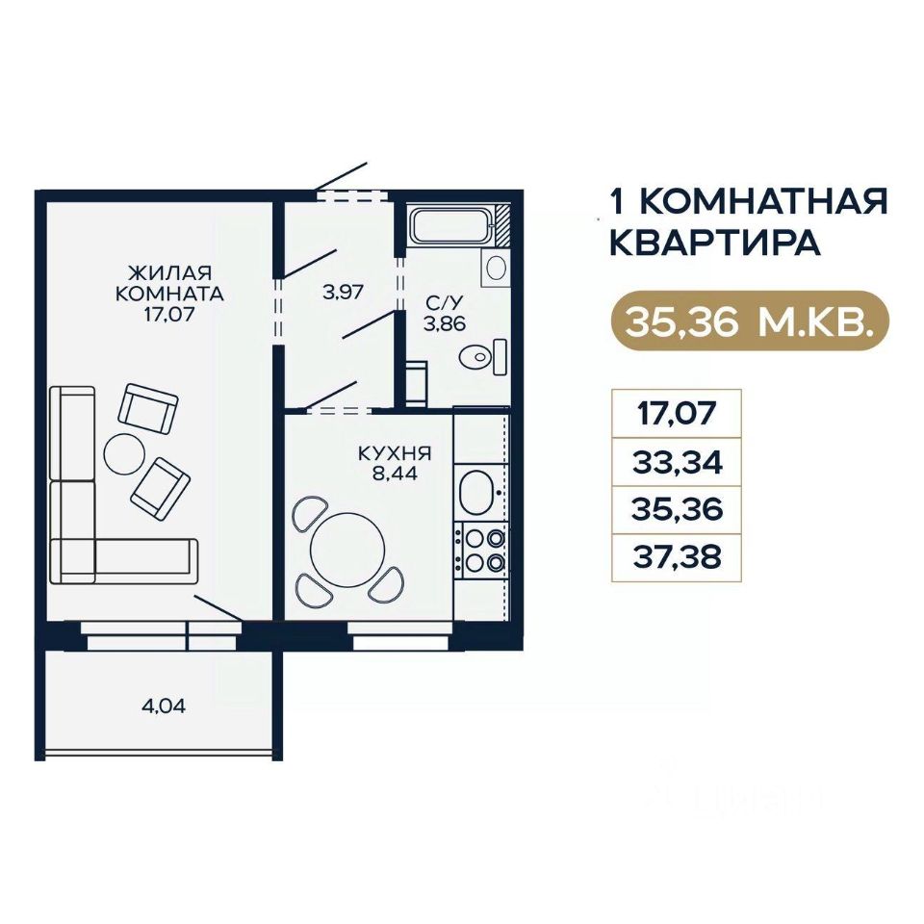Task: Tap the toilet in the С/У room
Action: click(x=483, y=356)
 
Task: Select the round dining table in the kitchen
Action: click(x=347, y=550)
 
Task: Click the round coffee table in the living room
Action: click(x=124, y=453)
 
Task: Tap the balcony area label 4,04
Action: click(x=164, y=706)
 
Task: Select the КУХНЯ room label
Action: click(x=395, y=453)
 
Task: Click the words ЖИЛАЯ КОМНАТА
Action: click(x=169, y=283)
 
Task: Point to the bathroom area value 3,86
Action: click(x=446, y=323)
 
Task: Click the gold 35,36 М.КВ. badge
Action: click(x=750, y=321)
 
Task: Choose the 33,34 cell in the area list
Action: click(x=677, y=462)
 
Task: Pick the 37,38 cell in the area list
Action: click(x=677, y=557)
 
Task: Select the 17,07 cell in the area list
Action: click(x=677, y=414)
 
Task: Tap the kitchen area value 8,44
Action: click(x=395, y=473)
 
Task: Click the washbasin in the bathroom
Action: click(x=495, y=268)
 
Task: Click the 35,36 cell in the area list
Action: click(x=677, y=510)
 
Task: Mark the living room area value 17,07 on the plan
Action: click(x=169, y=314)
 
